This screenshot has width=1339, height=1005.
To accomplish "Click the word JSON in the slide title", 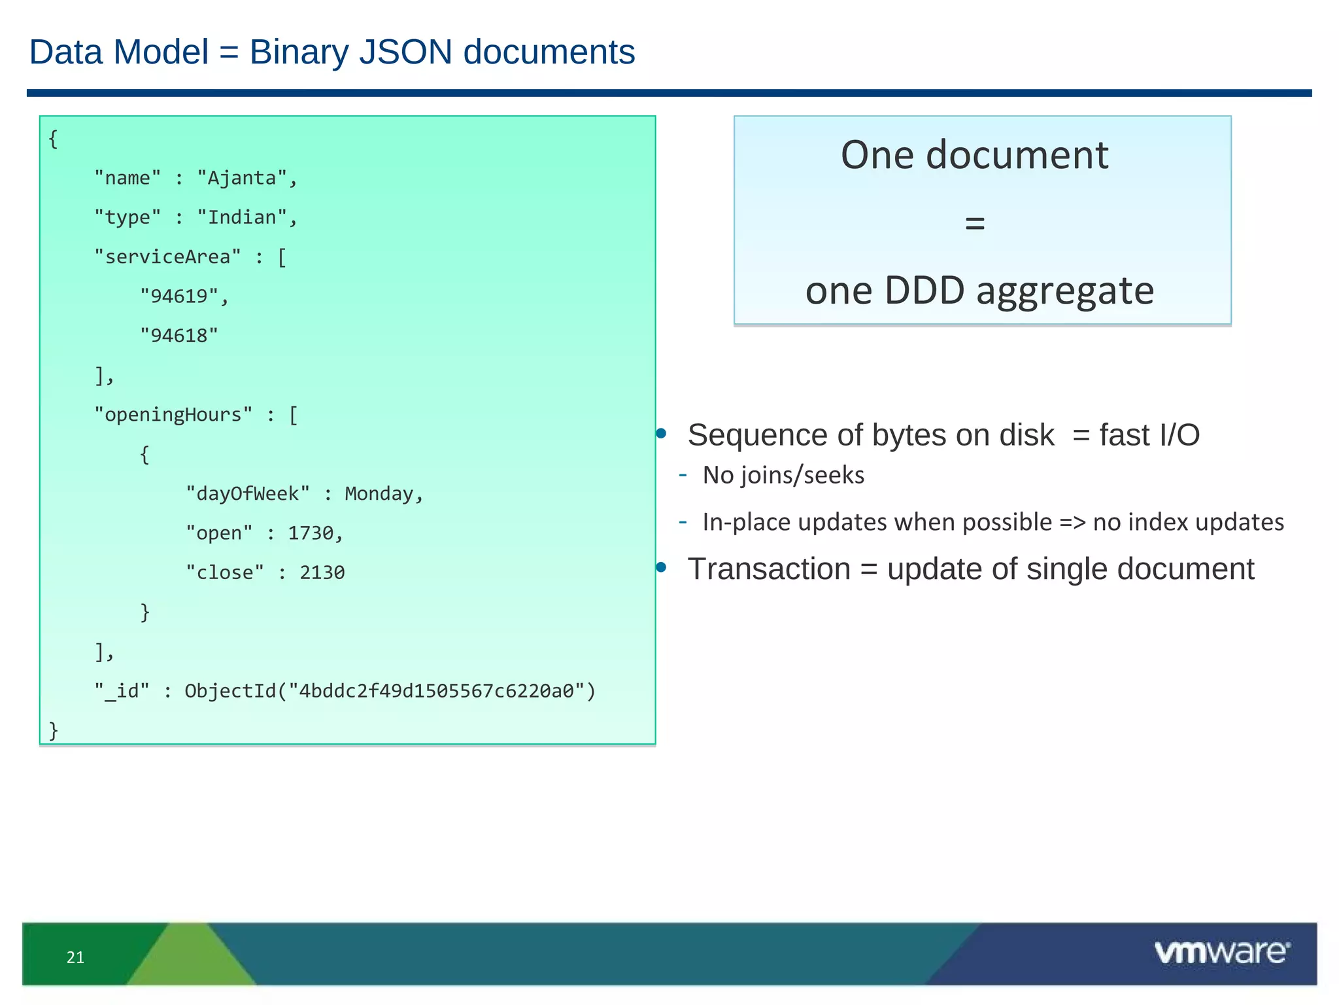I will tap(405, 52).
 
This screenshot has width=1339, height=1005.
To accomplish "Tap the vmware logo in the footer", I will tap(1221, 952).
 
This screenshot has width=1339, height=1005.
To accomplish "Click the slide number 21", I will tap(75, 957).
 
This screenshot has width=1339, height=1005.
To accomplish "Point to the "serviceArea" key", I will tap(167, 256).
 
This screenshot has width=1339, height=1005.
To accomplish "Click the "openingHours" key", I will tap(173, 415).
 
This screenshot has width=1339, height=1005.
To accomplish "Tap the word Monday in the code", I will tap(379, 493).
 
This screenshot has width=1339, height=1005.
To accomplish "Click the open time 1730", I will tap(311, 533).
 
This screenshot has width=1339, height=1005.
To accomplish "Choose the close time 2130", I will tap(322, 573).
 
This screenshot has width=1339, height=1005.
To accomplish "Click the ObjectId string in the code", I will tap(390, 691).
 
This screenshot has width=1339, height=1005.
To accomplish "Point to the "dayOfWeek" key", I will tap(248, 493).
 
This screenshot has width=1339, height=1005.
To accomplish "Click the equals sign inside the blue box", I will tap(975, 223).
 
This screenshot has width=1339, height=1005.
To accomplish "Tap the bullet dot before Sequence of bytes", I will tap(661, 433).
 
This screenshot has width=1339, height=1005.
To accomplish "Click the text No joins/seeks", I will tap(783, 475).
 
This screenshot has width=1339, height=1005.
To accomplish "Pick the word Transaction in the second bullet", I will tap(769, 569).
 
